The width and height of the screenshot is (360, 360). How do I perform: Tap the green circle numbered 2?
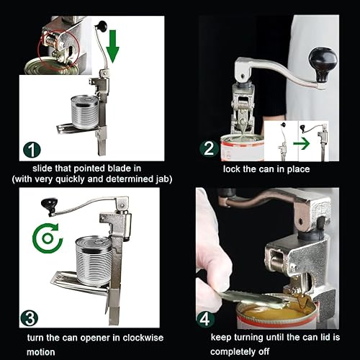208,149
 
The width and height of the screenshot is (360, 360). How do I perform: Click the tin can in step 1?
86,114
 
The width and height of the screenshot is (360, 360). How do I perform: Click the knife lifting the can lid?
252,294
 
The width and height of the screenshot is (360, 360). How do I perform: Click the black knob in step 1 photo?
103,27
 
